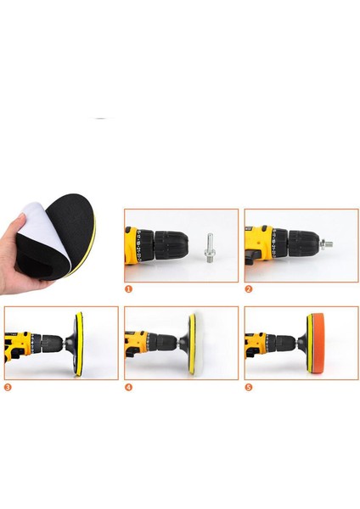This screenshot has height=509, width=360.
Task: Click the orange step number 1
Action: pos(129,288)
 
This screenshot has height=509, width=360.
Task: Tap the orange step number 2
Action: pos(248,288)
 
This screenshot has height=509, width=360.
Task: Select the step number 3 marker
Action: pos(8,387)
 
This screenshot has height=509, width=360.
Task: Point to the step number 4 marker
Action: pos(129,387)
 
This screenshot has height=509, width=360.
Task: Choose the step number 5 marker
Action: pos(248,387)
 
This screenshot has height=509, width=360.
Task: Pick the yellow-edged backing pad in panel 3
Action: pos(79,343)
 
